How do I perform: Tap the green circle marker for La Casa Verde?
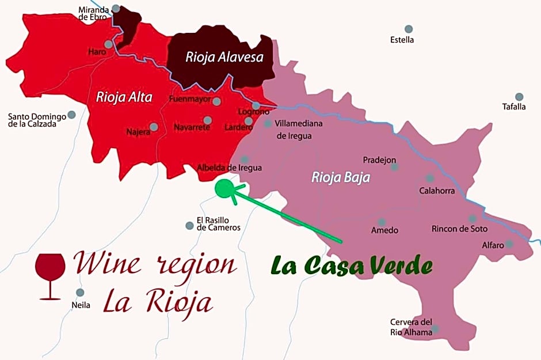[x=224, y=188]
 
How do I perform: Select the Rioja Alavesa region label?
[x=224, y=57]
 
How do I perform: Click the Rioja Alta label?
[x=124, y=97]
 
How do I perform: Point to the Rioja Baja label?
[x=341, y=177]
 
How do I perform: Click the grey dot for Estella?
[x=409, y=29]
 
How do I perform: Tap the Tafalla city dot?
[x=519, y=97]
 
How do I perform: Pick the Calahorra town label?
[x=437, y=191]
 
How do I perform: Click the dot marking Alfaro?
[x=509, y=244]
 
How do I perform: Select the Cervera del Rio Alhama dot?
[x=436, y=329]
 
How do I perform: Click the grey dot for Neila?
[x=80, y=292]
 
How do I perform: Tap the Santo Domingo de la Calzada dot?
[x=72, y=115]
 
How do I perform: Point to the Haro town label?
[x=97, y=52]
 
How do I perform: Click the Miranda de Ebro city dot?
[x=116, y=9]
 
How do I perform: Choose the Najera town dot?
[x=154, y=127]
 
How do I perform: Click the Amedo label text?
[x=384, y=230]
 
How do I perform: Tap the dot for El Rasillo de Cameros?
[x=189, y=225]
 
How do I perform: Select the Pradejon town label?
[x=379, y=160]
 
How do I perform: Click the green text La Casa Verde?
[x=352, y=266]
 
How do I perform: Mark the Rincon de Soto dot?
[x=473, y=219]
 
